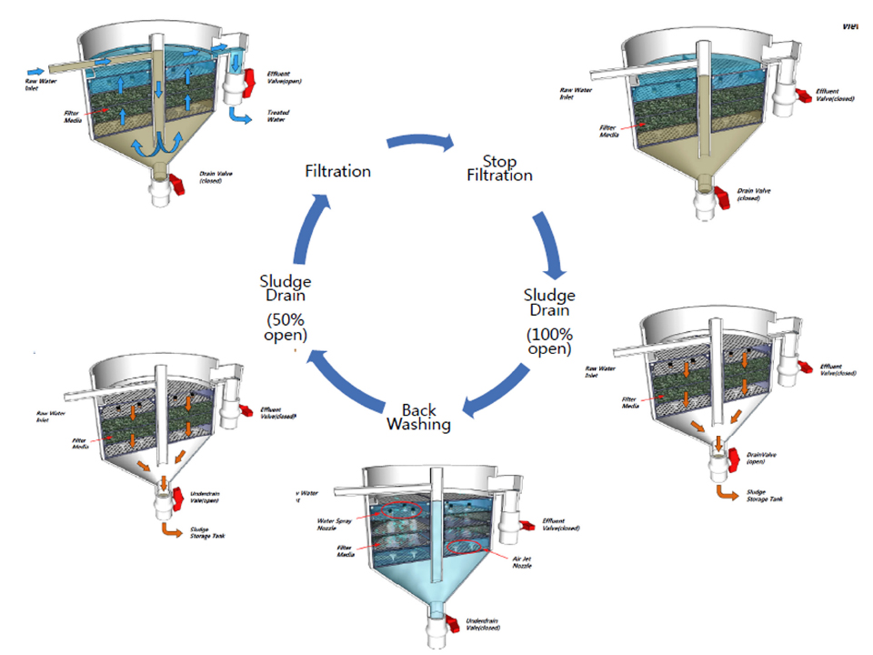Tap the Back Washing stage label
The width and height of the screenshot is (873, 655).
pyautogui.click(x=418, y=417)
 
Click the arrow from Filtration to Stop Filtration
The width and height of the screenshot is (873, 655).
pyautogui.click(x=419, y=143)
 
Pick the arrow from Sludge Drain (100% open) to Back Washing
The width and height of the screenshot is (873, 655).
pyautogui.click(x=497, y=389)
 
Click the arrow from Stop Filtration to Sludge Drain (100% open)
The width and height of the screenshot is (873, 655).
pyautogui.click(x=551, y=243)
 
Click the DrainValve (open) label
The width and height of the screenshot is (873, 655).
pyautogui.click(x=763, y=457)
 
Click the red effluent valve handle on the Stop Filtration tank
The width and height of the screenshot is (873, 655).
pyautogui.click(x=803, y=96)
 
